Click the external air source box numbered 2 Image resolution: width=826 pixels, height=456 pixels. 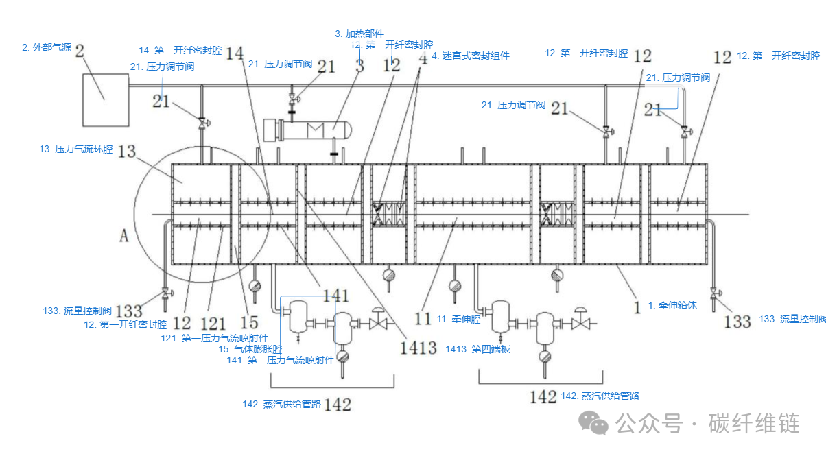pyautogui.click(x=106, y=100)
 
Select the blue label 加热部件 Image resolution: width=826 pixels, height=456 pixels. pyautogui.click(x=359, y=34)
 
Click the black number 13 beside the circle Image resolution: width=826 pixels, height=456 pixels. pyautogui.click(x=127, y=152)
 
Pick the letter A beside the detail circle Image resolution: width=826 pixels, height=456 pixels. pyautogui.click(x=124, y=236)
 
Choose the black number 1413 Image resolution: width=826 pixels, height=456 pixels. pyautogui.click(x=418, y=348)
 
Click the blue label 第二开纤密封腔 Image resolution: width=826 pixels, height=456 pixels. pyautogui.click(x=180, y=50)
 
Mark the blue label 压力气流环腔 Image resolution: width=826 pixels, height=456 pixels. pyautogui.click(x=76, y=149)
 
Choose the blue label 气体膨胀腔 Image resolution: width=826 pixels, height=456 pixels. pyautogui.click(x=250, y=349)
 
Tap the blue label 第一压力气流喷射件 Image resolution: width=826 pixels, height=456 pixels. pyautogui.click(x=215, y=337)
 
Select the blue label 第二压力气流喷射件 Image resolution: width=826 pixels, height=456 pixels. pyautogui.click(x=280, y=360)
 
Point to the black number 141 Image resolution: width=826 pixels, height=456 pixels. pyautogui.click(x=336, y=296)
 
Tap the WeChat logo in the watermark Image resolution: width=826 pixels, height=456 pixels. pyautogui.click(x=595, y=423)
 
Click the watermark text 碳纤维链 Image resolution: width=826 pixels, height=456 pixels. pyautogui.click(x=754, y=423)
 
